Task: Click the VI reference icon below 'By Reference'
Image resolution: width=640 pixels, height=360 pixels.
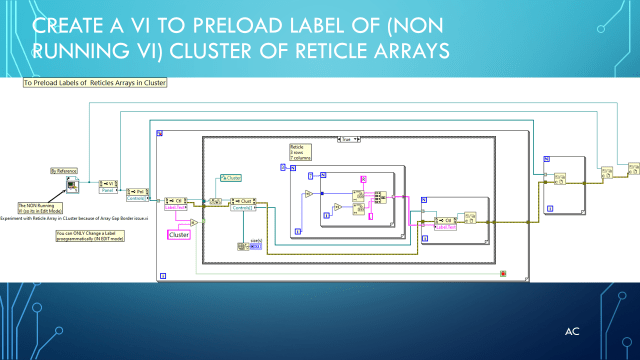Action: pos(72,185)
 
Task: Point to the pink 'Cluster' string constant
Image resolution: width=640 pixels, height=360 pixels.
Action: pos(178,234)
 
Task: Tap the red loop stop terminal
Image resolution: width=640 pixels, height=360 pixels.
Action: pos(503,273)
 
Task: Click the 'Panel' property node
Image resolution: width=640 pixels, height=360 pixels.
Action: pos(107,185)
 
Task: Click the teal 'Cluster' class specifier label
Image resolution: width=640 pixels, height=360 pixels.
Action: pos(230,178)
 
